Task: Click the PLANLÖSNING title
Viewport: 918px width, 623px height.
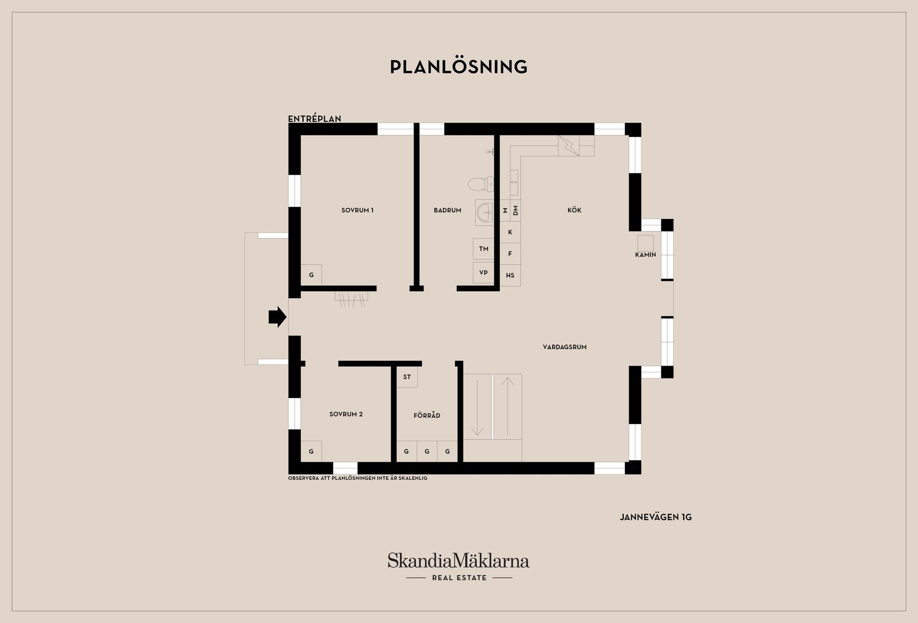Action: (459, 67)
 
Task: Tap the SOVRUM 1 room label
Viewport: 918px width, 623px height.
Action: (357, 210)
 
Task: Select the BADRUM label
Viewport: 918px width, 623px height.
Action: (447, 210)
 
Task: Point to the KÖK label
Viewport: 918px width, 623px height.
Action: (574, 210)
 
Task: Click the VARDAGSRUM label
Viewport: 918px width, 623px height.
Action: (565, 347)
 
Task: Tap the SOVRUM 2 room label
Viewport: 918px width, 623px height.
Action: (346, 414)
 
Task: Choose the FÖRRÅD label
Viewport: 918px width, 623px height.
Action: (426, 415)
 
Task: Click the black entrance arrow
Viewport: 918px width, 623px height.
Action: (277, 317)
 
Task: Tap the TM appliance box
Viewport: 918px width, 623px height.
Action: (483, 249)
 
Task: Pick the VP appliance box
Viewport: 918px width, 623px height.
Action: (483, 272)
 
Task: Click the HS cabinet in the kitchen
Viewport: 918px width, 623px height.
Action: (510, 275)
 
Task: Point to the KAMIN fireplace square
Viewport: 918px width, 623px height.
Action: (645, 243)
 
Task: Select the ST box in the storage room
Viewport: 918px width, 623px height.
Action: (407, 377)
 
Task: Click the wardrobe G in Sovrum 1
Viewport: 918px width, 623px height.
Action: (311, 275)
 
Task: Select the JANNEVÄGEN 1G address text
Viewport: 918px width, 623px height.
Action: (656, 517)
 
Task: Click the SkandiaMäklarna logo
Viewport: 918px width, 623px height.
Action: (459, 566)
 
